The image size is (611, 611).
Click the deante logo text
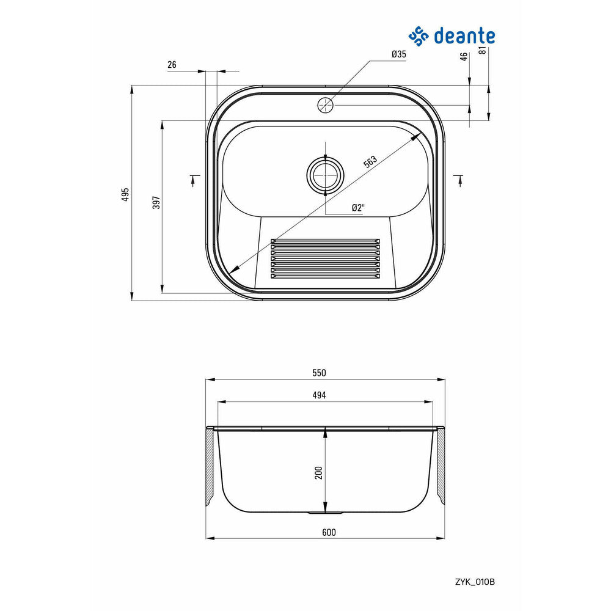point(464,36)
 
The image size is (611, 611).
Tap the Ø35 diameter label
point(398,54)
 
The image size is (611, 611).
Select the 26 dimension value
point(172,65)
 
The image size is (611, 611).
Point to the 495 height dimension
point(125,194)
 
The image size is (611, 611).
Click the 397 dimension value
point(156,202)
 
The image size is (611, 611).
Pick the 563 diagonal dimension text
point(371,161)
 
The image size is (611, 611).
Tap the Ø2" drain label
point(357,208)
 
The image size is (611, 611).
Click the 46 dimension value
point(464,57)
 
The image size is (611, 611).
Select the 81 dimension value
point(483,50)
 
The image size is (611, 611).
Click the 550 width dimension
point(319,373)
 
